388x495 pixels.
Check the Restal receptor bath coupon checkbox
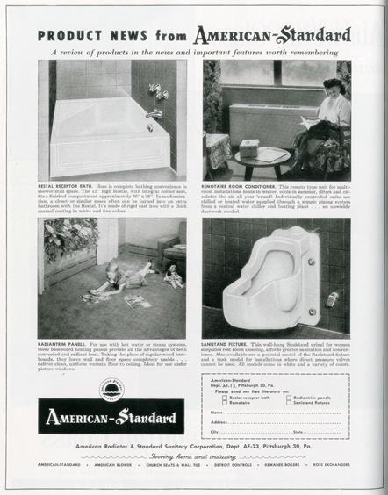(226, 397)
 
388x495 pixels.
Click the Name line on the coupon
(281, 412)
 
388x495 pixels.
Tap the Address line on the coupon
(281, 422)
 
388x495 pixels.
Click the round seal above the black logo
(111, 389)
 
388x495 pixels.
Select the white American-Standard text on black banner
(111, 416)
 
